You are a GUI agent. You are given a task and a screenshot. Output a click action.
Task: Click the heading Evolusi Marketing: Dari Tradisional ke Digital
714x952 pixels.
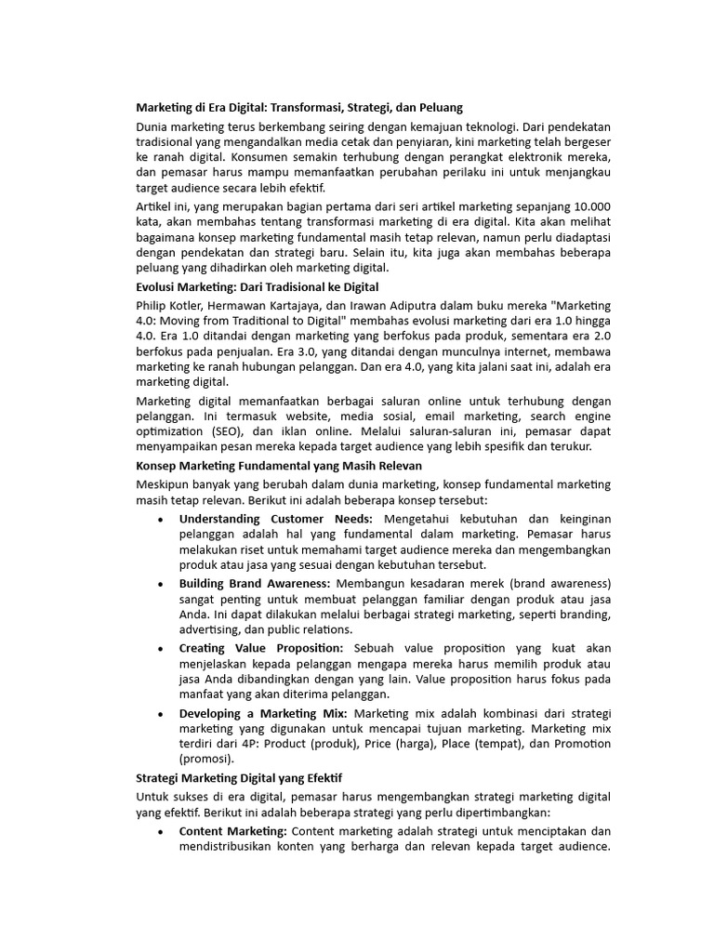tap(257, 286)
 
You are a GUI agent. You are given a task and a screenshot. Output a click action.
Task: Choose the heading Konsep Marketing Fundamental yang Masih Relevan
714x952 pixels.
tap(279, 465)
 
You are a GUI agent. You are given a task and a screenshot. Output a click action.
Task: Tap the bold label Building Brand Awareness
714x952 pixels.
tap(255, 583)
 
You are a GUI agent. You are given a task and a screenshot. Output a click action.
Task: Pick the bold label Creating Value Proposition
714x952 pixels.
tap(261, 647)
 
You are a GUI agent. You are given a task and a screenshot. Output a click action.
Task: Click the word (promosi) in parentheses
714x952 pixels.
tap(209, 760)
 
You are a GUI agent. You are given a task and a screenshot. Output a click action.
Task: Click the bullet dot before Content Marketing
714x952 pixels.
tap(162, 831)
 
